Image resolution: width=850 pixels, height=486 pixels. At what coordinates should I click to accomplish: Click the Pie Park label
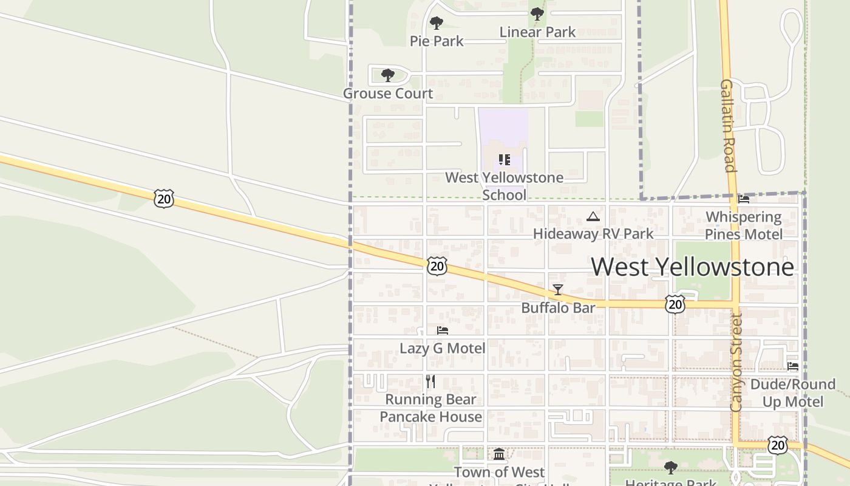coord(437,41)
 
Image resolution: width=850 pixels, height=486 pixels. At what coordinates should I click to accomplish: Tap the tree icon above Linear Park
coord(537,13)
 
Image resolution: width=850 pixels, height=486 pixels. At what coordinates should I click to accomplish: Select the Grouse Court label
coord(388,94)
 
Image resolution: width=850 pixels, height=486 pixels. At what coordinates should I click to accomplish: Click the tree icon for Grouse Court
coord(387,75)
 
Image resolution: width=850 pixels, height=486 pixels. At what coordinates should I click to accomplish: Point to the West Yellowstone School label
coord(504,186)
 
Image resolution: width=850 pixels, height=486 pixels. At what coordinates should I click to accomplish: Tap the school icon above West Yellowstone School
coord(504,160)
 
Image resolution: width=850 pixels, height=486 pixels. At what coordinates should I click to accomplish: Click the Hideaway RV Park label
coord(593,234)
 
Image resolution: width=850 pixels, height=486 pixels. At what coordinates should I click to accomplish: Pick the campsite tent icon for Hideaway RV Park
coord(593,216)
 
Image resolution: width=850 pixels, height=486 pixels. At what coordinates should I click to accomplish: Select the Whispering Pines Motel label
coord(743,225)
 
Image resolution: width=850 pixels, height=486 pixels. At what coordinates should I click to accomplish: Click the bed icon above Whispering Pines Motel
coord(743,199)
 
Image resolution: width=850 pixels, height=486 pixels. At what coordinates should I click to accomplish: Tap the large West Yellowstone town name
coord(692,267)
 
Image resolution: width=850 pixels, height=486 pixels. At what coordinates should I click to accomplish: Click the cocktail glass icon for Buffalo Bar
coord(558,290)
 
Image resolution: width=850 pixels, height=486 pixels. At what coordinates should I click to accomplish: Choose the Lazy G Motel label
coord(442,348)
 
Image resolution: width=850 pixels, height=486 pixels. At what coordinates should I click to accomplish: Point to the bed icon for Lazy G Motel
coord(443,330)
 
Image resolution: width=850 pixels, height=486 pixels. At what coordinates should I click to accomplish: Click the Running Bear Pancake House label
coord(430,408)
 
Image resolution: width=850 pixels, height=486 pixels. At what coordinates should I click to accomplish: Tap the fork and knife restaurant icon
coord(430,382)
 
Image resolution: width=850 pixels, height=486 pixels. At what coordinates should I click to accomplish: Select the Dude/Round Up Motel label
coord(792,393)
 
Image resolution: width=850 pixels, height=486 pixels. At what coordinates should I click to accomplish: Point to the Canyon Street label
coord(736,363)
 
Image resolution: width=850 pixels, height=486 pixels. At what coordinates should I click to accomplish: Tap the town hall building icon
coord(499,454)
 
